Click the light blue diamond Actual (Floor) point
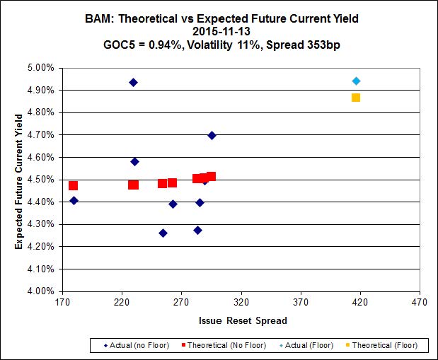pos(356,81)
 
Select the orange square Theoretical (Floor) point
pos(356,97)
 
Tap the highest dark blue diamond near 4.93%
pos(133,83)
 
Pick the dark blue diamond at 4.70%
pos(212,135)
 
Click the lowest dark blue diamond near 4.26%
pos(163,233)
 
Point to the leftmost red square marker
pos(73,186)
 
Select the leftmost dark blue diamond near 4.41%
pos(74,200)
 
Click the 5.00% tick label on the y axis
pos(40,68)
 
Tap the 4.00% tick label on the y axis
pos(40,291)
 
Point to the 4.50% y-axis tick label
pos(40,180)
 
